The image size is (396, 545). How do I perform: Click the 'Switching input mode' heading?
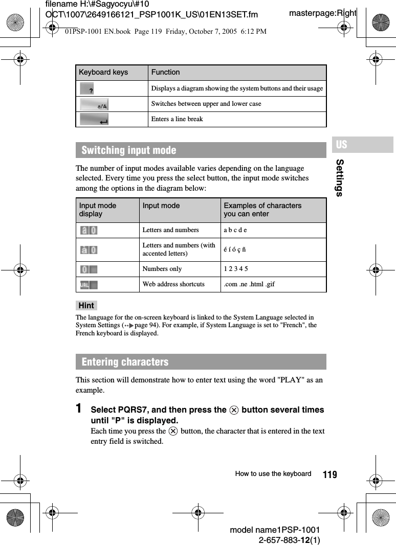pos(129,150)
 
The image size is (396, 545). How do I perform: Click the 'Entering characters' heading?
pos(125,362)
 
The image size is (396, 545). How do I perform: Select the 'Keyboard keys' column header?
pos(103,72)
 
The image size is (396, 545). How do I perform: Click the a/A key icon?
pos(94,104)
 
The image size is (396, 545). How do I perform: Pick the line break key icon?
pos(94,120)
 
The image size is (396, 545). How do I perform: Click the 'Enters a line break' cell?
pos(177,119)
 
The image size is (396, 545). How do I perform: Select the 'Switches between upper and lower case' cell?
pos(206,104)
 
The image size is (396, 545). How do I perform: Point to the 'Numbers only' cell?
pos(162,269)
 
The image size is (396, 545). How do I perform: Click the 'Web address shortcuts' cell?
pos(173,284)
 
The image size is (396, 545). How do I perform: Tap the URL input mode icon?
pos(89,284)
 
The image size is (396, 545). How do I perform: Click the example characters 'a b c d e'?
pos(235,230)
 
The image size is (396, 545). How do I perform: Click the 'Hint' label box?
pos(86,306)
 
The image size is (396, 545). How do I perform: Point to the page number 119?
pos(330,475)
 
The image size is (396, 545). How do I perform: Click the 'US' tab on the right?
pos(342,145)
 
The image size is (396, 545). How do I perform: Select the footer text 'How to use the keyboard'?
pos(273,474)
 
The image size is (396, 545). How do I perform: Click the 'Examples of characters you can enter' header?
pos(262,210)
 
